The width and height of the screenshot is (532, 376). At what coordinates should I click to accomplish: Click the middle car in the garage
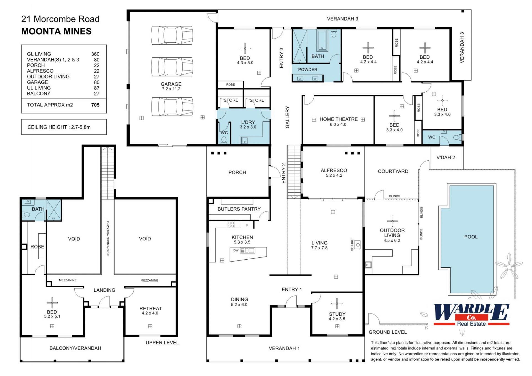point(172,67)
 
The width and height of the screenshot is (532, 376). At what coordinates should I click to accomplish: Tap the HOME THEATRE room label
point(338,119)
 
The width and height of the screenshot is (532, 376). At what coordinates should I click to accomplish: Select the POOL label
point(471,237)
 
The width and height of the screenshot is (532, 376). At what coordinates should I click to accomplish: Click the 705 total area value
point(95,105)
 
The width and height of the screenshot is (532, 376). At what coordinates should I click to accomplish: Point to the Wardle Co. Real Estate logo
point(471,315)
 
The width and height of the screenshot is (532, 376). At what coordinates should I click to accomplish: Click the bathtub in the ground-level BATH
point(322,40)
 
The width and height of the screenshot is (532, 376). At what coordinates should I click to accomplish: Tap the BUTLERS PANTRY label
point(239,209)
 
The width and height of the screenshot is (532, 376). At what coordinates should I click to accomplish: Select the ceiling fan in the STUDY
point(337,303)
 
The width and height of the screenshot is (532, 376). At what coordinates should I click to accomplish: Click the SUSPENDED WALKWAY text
point(108,238)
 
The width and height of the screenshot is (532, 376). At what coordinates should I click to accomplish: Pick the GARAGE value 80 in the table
point(97,82)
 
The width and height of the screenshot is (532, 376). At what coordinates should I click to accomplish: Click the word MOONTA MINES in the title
point(57,31)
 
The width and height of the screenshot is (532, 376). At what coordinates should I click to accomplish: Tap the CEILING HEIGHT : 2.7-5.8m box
point(64,127)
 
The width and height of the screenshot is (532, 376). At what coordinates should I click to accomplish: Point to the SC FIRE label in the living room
point(352,245)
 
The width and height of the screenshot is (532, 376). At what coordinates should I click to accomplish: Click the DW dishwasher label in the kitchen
point(236,250)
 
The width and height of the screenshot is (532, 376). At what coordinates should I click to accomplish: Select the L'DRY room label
point(248,122)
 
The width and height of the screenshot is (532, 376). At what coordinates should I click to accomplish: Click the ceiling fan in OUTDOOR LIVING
point(392,221)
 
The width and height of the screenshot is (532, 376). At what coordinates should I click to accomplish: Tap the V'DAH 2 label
point(446,157)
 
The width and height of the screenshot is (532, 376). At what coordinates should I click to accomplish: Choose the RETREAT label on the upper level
point(150,308)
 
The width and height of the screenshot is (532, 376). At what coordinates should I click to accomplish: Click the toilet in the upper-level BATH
point(27,215)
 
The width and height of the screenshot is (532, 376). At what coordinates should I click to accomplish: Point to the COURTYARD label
point(393,171)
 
